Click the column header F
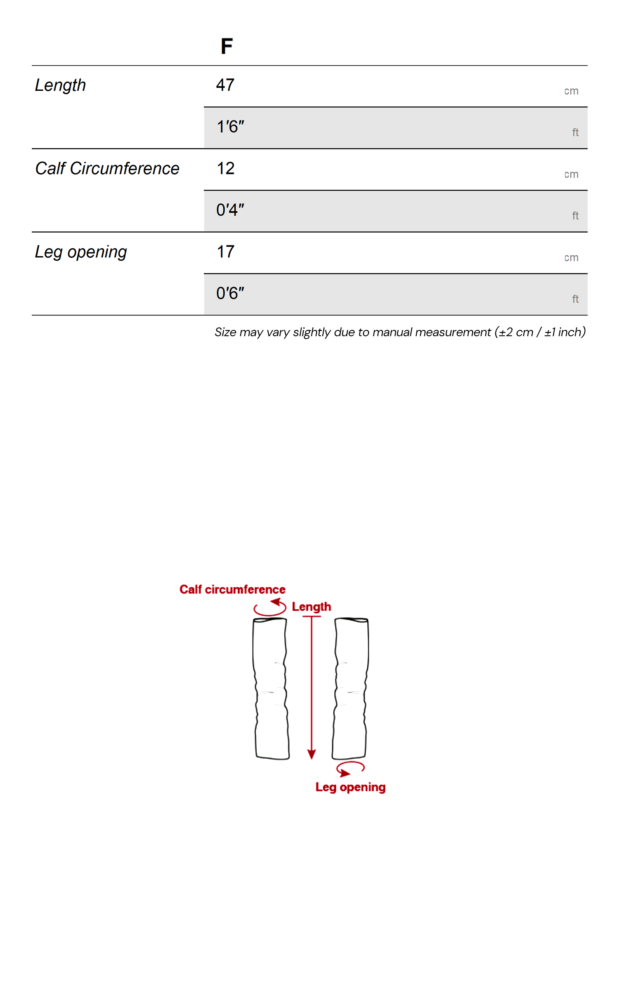[227, 46]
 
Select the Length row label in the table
[60, 85]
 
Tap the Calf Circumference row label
[107, 168]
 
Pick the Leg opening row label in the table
[80, 252]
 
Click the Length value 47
[225, 85]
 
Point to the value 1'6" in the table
[230, 127]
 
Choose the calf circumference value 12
[226, 168]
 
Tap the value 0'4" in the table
[230, 210]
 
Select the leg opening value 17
[226, 252]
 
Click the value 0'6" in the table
[230, 293]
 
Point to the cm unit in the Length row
[571, 91]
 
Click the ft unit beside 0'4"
[575, 216]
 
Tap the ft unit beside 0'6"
[575, 299]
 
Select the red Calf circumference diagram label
[232, 589]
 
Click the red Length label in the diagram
[311, 607]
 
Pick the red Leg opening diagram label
[350, 787]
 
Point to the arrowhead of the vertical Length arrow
[312, 754]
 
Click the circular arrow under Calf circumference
[270, 608]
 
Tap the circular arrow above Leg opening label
[350, 768]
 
